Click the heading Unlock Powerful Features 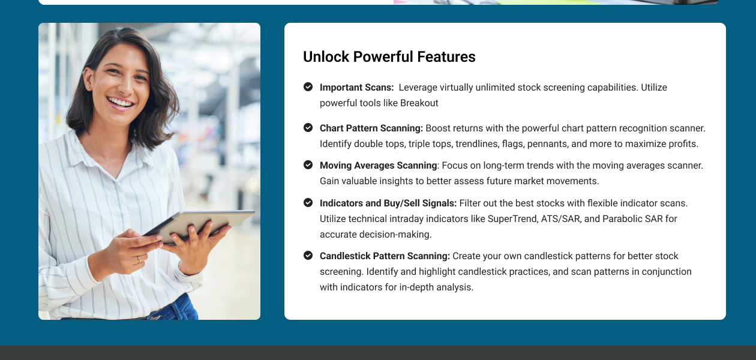[389, 57]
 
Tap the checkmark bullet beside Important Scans [308, 87]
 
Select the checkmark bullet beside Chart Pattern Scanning [308, 128]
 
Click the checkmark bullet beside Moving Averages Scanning [308, 165]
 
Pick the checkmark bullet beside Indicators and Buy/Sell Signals [308, 203]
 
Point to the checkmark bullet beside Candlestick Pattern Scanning [308, 256]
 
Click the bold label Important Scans [356, 88]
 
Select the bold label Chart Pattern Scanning [371, 128]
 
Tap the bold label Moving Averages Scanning [378, 166]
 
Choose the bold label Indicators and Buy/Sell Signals [388, 203]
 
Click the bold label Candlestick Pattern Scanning [385, 256]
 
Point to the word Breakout [419, 103]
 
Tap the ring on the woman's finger [139, 259]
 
